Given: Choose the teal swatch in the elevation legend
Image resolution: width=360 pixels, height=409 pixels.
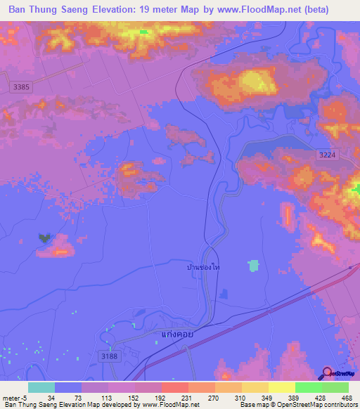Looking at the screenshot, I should pos(41,387).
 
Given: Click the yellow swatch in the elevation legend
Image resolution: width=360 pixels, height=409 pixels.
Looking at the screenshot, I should pos(281,387).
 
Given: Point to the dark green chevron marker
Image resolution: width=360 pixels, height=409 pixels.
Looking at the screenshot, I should pos(45,238).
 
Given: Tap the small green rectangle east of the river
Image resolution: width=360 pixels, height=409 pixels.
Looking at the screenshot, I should pos(253,266).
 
